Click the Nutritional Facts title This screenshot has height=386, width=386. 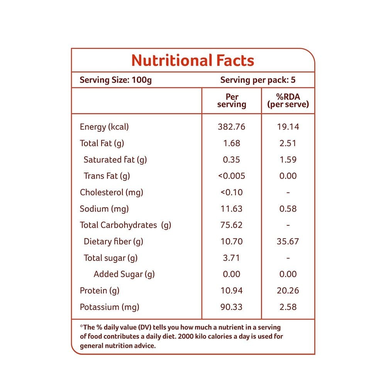[x=193, y=61]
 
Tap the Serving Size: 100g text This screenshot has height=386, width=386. [x=115, y=80]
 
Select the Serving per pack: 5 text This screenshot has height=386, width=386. [x=258, y=80]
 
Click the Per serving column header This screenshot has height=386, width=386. [x=232, y=101]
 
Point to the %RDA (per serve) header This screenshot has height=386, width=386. [x=288, y=101]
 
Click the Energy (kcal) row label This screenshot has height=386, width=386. [x=104, y=127]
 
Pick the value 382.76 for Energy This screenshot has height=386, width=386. [x=231, y=127]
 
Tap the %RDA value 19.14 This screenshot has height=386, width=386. [x=288, y=127]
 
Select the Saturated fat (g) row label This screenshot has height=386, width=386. [x=115, y=159]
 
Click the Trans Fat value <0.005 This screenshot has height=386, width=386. [x=231, y=176]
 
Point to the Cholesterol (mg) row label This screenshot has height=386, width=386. [x=111, y=192]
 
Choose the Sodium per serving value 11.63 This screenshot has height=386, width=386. [x=231, y=209]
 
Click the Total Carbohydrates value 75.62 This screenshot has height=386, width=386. [x=231, y=225]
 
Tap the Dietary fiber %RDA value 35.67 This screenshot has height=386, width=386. [x=288, y=241]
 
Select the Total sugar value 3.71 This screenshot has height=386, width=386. [x=231, y=258]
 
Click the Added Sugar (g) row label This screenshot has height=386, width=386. [x=124, y=274]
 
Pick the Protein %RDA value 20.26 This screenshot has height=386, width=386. [x=288, y=291]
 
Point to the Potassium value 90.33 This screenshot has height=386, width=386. [x=231, y=307]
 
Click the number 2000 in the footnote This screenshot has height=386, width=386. [x=186, y=336]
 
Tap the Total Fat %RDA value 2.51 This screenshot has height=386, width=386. [x=288, y=143]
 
